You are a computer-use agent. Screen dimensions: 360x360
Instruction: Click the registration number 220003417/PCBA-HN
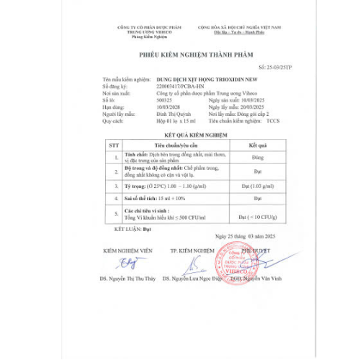(178, 86)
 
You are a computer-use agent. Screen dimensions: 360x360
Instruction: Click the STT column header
(113, 144)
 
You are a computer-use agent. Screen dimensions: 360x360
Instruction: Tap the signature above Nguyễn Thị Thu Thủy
(132, 263)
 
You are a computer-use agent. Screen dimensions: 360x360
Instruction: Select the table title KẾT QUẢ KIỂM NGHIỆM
(189, 134)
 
